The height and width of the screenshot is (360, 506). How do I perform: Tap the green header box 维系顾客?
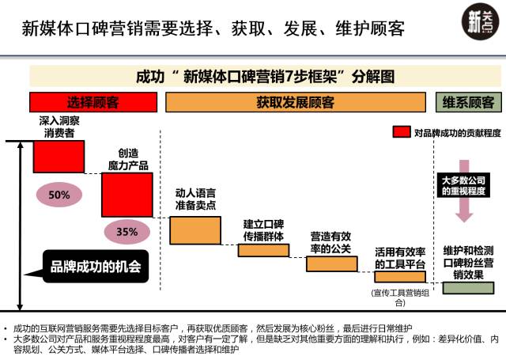point(468,102)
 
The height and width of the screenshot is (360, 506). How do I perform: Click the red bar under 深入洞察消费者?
point(59,156)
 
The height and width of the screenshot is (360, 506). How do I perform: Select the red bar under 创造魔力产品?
point(126,195)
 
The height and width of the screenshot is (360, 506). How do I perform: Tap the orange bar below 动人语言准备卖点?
point(195,229)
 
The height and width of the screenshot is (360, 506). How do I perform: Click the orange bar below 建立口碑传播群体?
point(263,250)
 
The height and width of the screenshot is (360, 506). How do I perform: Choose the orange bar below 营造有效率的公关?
point(331,263)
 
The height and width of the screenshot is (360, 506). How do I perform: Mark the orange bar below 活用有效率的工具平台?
point(399,277)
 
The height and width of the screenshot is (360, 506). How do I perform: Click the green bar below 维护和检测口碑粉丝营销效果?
point(468,287)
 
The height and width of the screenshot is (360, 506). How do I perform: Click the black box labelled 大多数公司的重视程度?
point(465,185)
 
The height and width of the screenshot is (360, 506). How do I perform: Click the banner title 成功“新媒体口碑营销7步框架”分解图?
point(266,76)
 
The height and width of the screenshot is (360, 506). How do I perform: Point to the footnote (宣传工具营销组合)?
point(399,297)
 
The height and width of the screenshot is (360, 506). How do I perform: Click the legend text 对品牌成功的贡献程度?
point(458,132)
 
